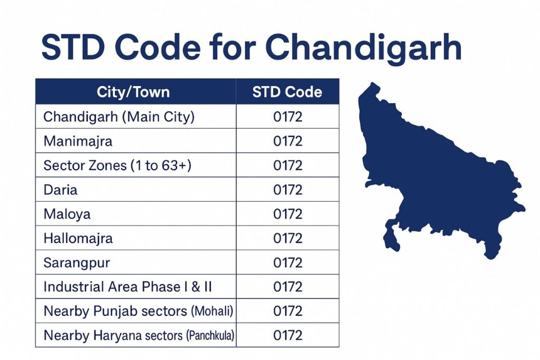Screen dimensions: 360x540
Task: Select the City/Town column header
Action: [133, 92]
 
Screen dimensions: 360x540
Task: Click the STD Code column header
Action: [287, 92]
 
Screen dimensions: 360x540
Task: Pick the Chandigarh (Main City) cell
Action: [119, 116]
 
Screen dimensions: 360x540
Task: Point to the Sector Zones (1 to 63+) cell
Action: [117, 166]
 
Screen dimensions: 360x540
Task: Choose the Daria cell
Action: [60, 190]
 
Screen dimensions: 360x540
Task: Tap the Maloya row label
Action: [67, 214]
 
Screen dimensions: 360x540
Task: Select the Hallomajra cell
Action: [78, 238]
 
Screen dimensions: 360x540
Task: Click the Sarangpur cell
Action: [76, 262]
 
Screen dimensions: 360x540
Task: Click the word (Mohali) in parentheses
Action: [211, 311]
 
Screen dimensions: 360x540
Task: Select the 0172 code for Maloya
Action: [288, 214]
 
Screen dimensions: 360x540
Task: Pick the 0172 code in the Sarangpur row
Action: [288, 262]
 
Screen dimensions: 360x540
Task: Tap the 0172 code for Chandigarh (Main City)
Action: [288, 116]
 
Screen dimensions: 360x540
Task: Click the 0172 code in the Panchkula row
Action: [288, 335]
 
